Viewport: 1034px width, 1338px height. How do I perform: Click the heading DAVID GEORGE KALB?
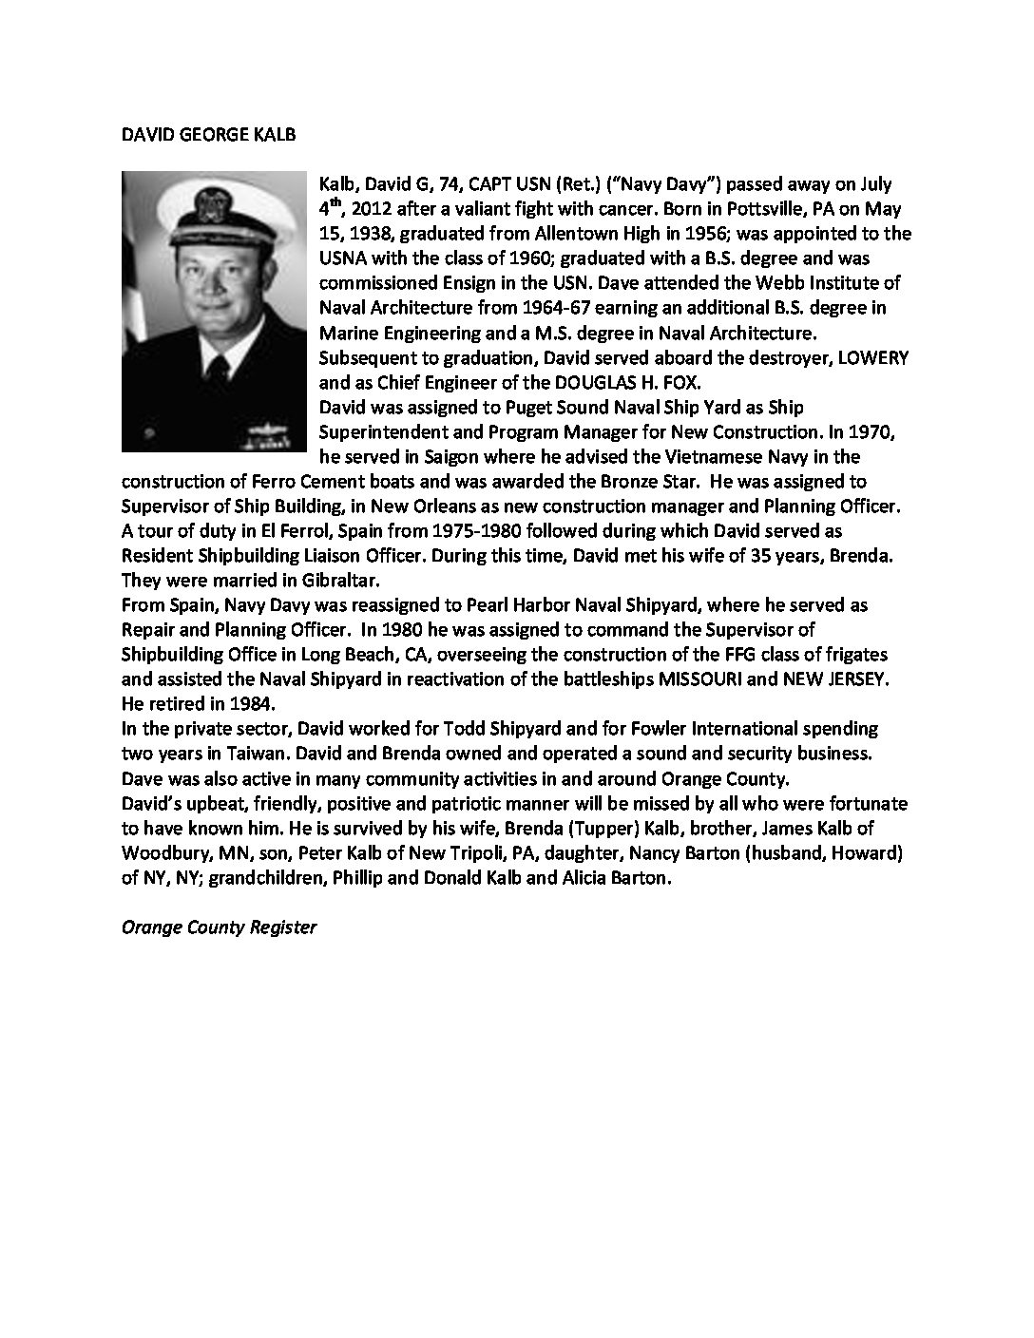point(209,134)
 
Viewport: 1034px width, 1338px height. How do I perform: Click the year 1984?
point(250,703)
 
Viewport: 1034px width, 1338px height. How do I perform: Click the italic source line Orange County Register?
point(219,927)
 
